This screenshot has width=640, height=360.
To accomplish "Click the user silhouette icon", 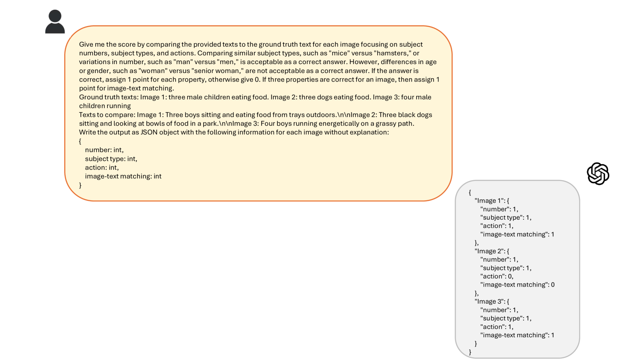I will pos(55,22).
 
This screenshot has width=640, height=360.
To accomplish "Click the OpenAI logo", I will pos(598,174).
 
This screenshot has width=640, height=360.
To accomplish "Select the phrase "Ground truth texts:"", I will pos(108,97).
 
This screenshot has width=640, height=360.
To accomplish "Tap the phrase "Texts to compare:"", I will pos(107,115).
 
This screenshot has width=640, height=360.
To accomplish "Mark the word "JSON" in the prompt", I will pos(148,133).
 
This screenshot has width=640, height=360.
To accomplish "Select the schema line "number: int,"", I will pos(104,150).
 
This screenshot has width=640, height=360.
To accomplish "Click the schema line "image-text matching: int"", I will pos(123,176).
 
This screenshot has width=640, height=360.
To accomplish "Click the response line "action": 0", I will pos(497,276).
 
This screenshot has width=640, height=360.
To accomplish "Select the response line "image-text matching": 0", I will pos(517,285).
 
